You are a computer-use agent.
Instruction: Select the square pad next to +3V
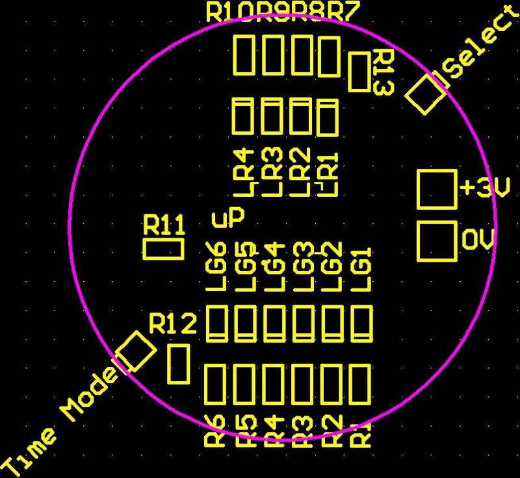pyautogui.click(x=436, y=189)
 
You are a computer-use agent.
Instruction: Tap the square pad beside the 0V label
pyautogui.click(x=436, y=241)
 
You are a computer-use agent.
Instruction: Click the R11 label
pyautogui.click(x=164, y=225)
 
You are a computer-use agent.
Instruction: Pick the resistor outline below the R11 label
pyautogui.click(x=163, y=249)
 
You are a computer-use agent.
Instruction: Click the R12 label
pyautogui.click(x=172, y=323)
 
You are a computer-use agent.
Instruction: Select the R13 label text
pyautogui.click(x=382, y=72)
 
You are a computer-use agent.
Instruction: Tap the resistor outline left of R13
pyautogui.click(x=359, y=72)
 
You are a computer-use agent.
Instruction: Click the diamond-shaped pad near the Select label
pyautogui.click(x=426, y=94)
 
